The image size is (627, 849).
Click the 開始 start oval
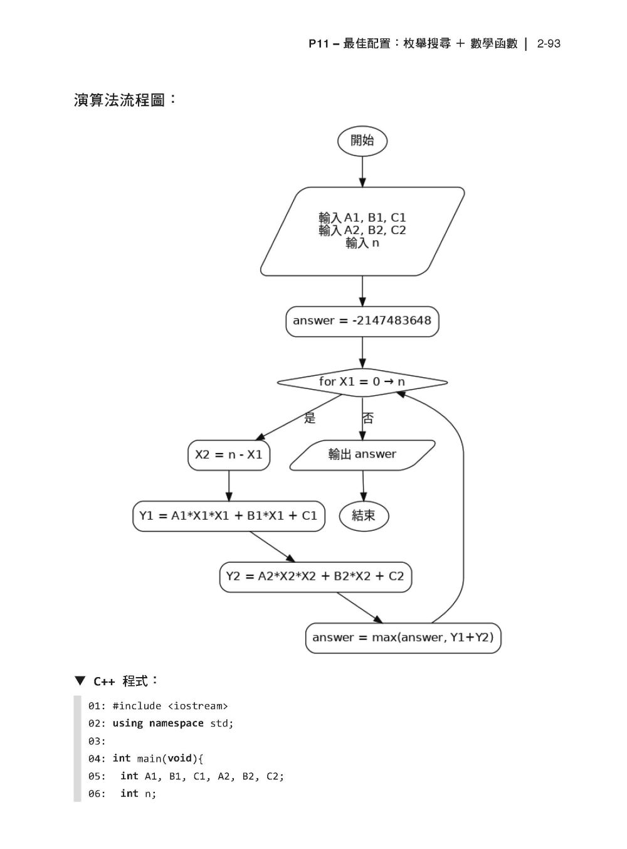pos(362,141)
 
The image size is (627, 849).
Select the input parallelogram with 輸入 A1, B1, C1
pos(362,231)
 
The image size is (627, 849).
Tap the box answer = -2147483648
pos(362,321)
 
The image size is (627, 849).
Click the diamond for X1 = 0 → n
pos(362,382)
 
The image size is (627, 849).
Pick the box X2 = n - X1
pos(229,455)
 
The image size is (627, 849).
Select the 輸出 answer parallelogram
pos(362,455)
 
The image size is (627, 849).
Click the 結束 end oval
pos(364,516)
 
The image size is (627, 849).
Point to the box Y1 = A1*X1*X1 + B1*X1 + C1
pos(229,516)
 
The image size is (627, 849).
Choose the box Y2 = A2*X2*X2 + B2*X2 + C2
pos(315,577)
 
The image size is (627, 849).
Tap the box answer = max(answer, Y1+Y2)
pos(403,638)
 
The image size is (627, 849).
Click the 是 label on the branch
pos(310,418)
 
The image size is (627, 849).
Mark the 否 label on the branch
pos(368,418)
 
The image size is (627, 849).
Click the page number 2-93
pos(549,44)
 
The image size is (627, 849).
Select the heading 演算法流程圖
pos(119,100)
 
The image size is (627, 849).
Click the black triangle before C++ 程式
pos(80,681)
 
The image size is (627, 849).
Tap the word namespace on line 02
pos(176,724)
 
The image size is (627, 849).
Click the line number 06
pos(97,794)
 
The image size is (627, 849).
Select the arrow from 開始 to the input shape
pos(362,171)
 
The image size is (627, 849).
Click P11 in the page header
pos(318,44)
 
